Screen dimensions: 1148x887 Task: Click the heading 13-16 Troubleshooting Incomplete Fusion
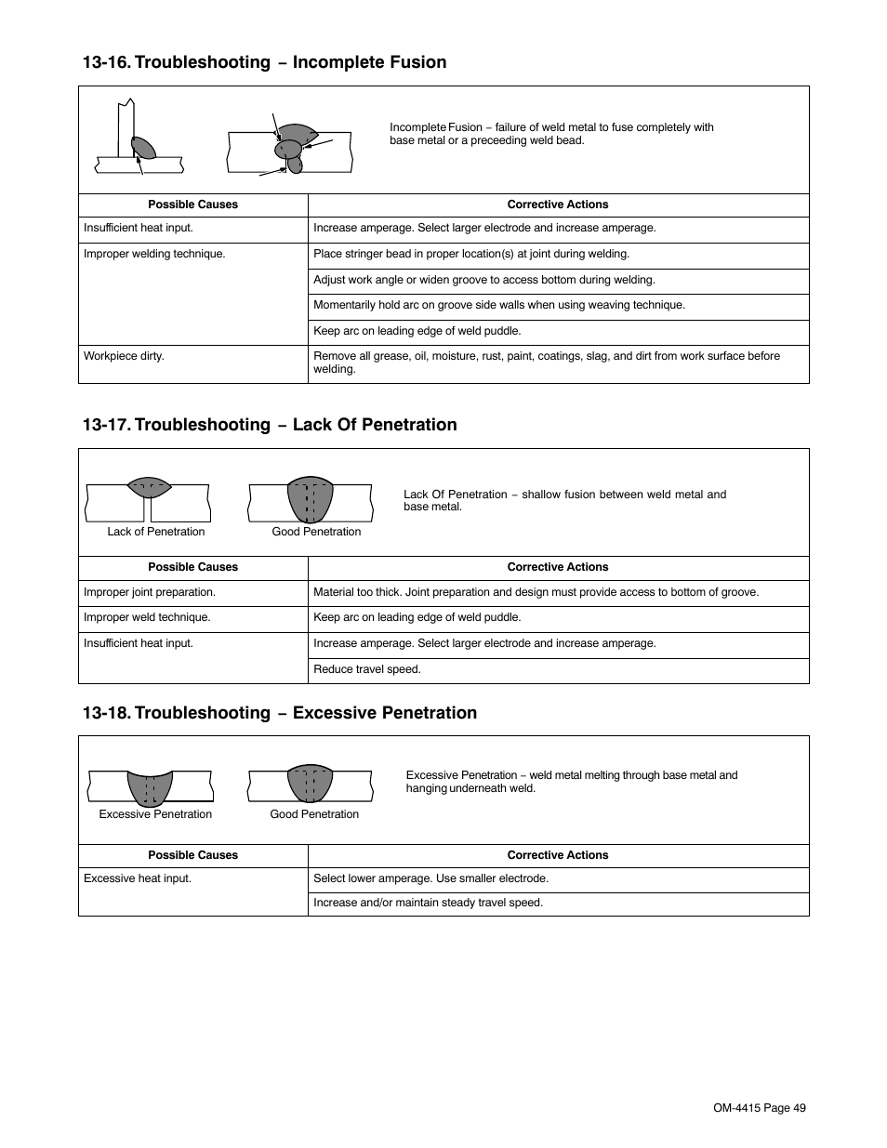pos(264,62)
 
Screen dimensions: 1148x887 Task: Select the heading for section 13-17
pos(270,425)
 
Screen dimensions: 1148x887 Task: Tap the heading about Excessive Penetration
pos(279,713)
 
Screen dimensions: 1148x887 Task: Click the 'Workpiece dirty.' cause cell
pos(124,356)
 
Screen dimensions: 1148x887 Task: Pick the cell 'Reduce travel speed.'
pos(367,669)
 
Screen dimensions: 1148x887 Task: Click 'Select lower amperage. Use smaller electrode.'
pos(430,878)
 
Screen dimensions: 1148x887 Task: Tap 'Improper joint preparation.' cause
pos(149,592)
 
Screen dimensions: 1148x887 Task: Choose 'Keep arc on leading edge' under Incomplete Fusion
pos(417,331)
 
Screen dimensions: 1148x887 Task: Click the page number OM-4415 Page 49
pos(759,1107)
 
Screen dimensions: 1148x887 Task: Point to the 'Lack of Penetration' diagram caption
pos(155,532)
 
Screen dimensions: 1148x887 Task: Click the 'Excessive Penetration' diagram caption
pos(155,814)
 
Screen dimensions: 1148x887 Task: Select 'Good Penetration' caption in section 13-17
pos(316,532)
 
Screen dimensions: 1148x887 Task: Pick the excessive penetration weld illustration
pos(150,786)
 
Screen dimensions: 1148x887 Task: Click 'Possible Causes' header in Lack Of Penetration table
pos(192,567)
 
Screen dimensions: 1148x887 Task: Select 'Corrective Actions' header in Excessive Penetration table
pos(557,855)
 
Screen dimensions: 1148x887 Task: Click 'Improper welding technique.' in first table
pos(154,254)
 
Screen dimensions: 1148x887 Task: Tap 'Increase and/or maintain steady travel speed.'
pos(428,903)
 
